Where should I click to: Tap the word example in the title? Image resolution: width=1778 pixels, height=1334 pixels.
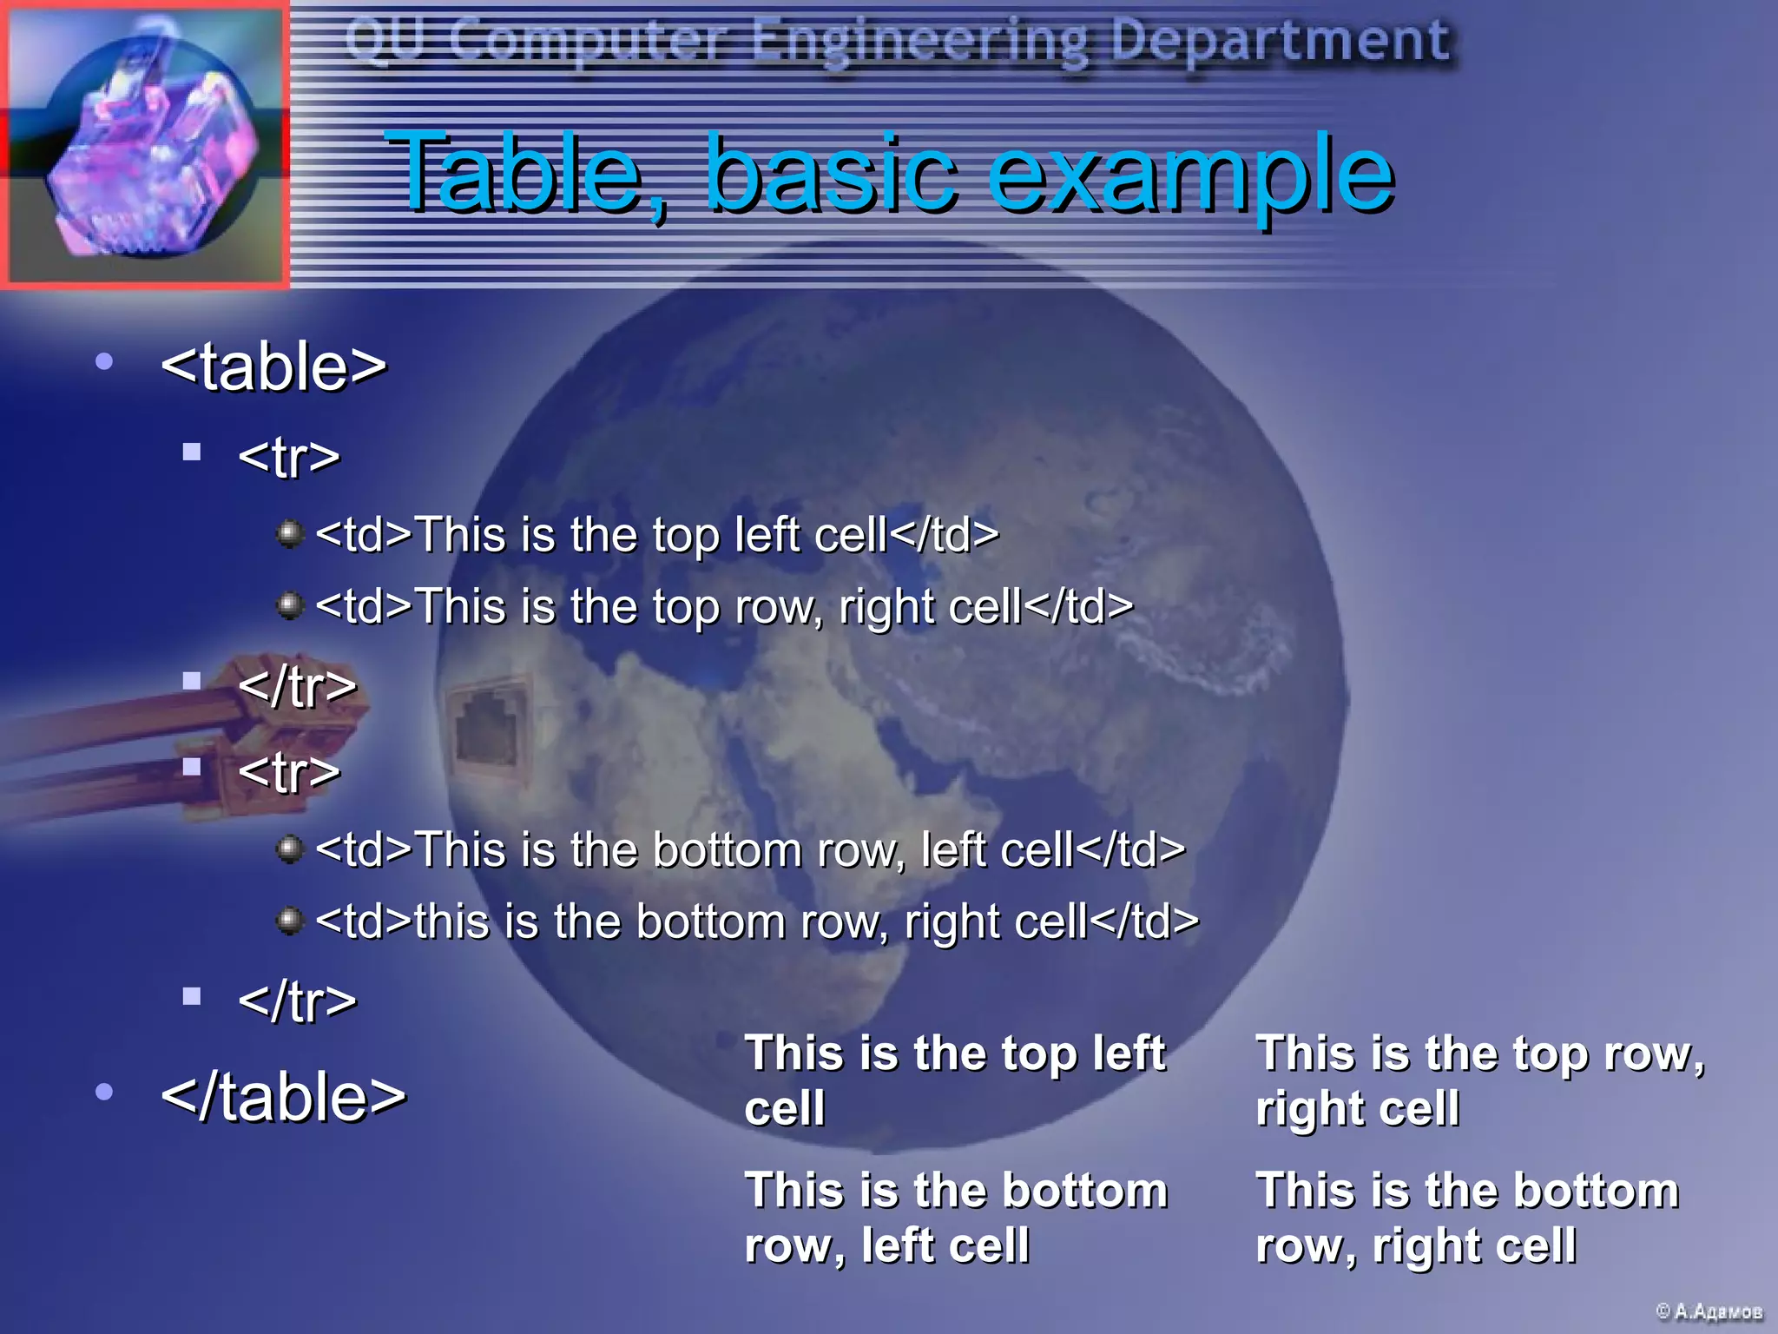(1190, 174)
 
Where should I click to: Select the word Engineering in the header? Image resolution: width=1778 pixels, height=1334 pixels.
(920, 42)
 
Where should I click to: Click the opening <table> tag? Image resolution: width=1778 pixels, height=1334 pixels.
(273, 367)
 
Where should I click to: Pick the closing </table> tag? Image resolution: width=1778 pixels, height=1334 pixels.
(283, 1097)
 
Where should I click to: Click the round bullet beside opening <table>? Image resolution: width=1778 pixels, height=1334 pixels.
(104, 360)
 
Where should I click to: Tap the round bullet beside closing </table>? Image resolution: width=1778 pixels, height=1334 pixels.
(104, 1092)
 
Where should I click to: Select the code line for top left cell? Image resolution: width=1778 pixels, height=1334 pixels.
(656, 534)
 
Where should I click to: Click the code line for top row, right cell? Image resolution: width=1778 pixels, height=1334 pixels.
(724, 606)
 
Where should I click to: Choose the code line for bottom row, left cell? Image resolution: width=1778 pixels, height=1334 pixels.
(750, 849)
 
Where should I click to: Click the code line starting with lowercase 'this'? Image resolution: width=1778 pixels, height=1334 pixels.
(757, 921)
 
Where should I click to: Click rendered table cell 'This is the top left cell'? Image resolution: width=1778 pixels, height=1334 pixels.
(955, 1080)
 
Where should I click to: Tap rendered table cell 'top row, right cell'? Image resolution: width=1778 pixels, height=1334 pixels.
(1480, 1080)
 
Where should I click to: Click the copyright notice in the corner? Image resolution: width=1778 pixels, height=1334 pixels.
(1709, 1311)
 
